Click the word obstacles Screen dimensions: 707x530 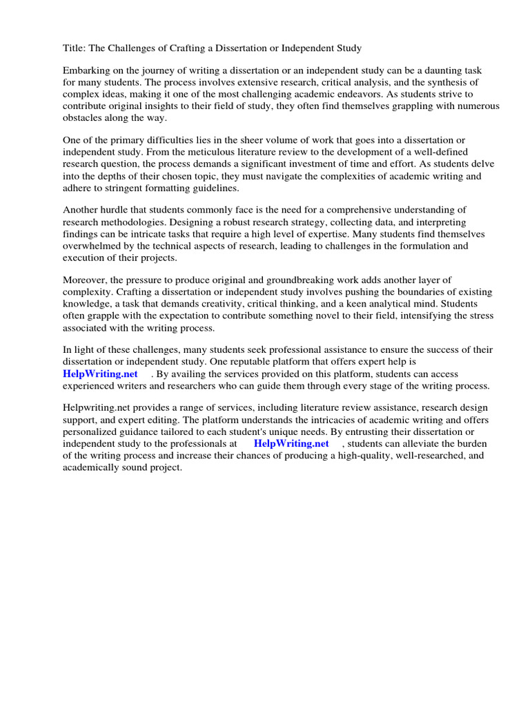[x=84, y=118]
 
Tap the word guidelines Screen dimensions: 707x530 [x=213, y=188]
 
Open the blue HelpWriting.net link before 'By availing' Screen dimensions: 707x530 [x=100, y=374]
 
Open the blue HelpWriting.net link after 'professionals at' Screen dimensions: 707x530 [x=291, y=443]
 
